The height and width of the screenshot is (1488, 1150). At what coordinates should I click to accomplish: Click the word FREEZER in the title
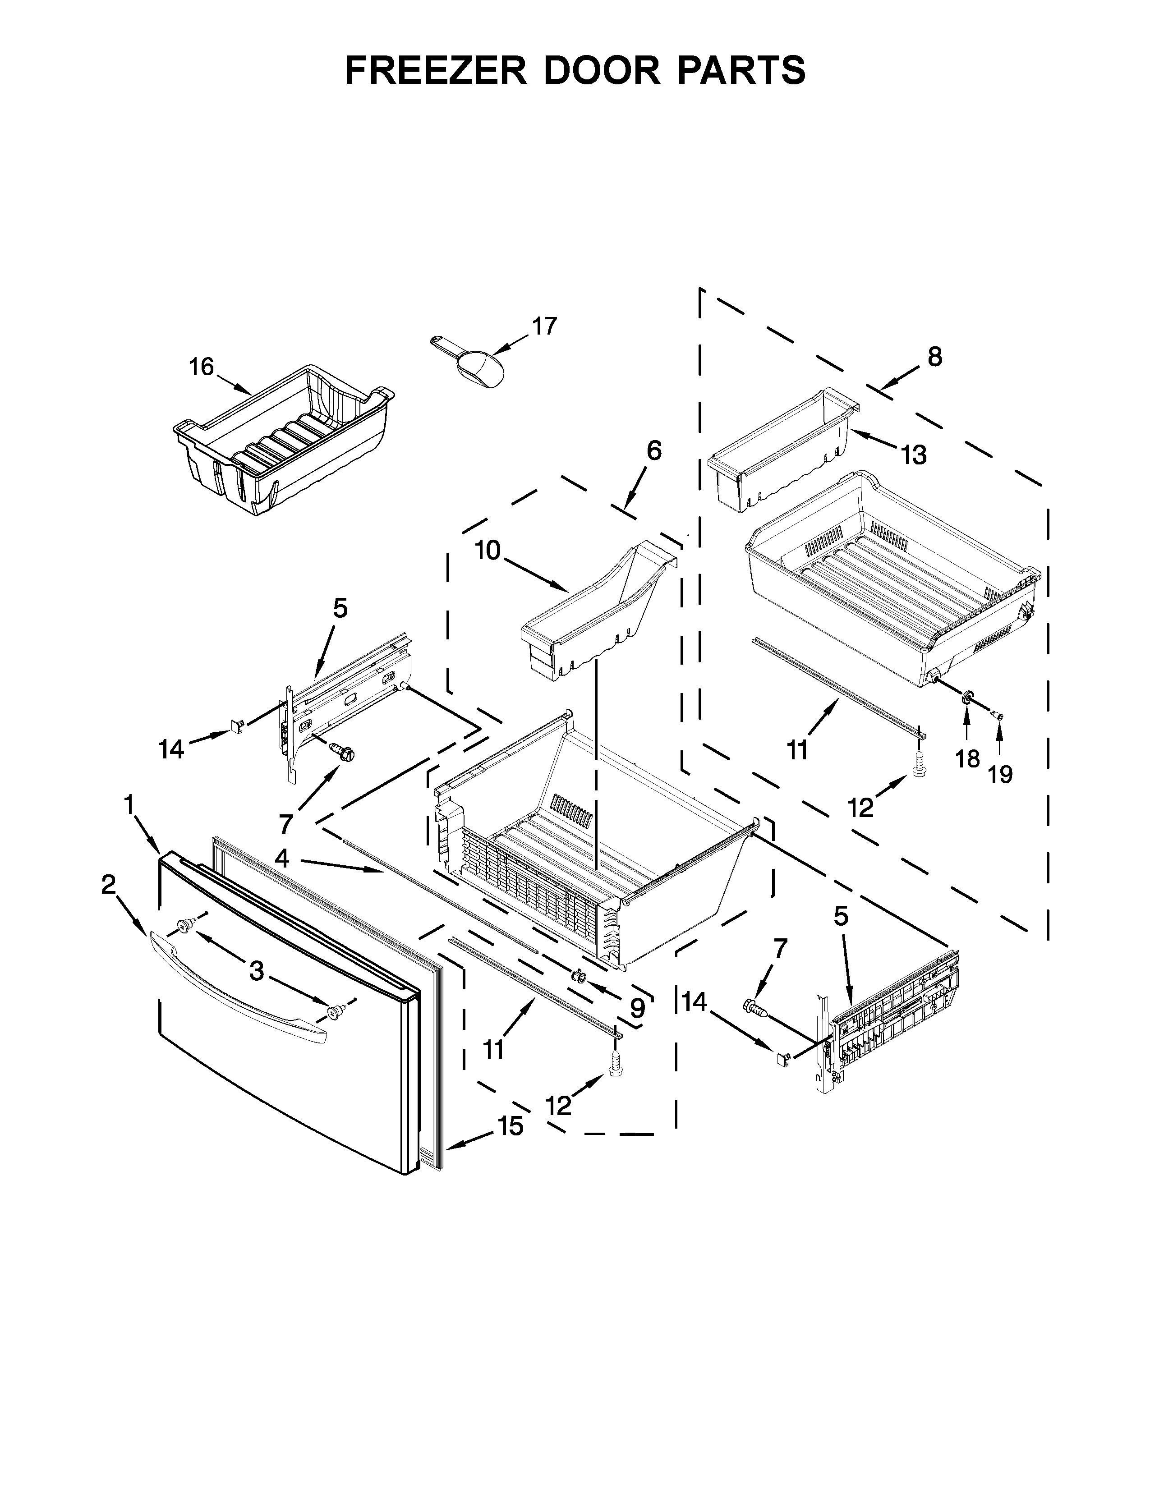(436, 70)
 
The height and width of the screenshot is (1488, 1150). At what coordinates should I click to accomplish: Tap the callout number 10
(488, 551)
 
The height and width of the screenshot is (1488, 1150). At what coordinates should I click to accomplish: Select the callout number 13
(914, 455)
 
